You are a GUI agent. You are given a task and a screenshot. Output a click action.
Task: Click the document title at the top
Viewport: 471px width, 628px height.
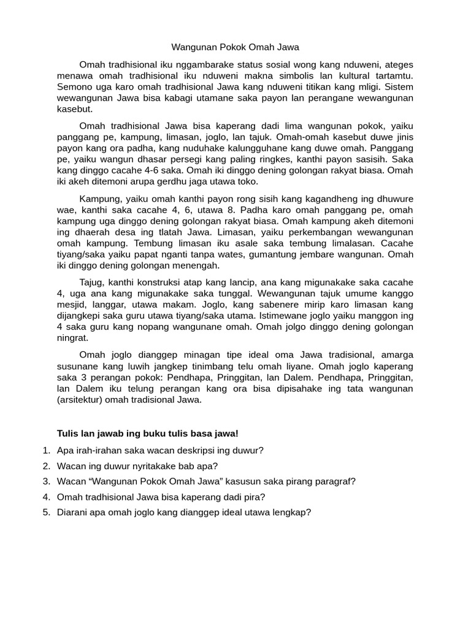pyautogui.click(x=235, y=47)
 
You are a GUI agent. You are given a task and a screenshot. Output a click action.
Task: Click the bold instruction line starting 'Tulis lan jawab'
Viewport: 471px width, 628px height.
pyautogui.click(x=147, y=434)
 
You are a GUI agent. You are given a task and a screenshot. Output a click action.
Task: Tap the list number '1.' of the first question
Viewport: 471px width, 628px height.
pyautogui.click(x=47, y=450)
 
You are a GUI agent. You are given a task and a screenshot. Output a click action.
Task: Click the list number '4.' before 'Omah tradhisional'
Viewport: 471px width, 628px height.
pyautogui.click(x=47, y=497)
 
